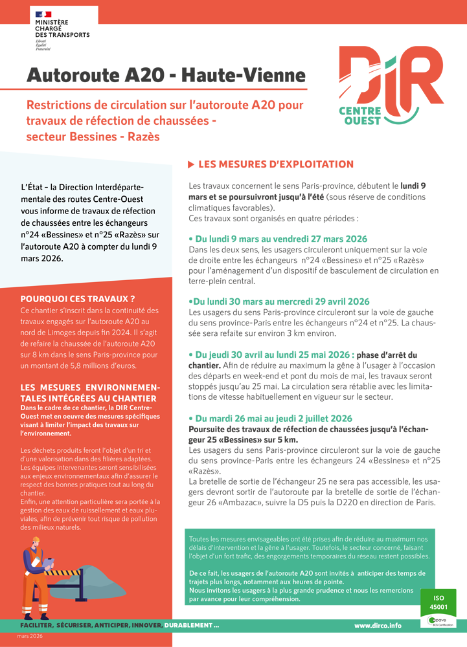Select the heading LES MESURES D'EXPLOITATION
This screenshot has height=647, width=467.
click(276, 164)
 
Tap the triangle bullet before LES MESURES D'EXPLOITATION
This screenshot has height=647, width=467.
click(191, 165)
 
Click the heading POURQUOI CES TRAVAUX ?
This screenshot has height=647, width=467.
click(78, 299)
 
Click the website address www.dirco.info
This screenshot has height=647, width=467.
click(378, 626)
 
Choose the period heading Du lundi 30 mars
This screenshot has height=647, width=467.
click(279, 302)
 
